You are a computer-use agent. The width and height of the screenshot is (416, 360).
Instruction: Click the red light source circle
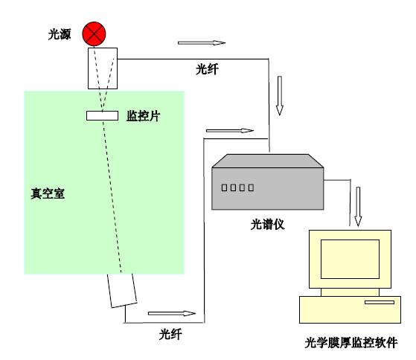pyautogui.click(x=94, y=34)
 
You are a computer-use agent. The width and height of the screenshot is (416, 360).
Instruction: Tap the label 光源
pyautogui.click(x=60, y=34)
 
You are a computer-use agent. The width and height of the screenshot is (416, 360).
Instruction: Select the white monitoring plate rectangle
pyautogui.click(x=102, y=116)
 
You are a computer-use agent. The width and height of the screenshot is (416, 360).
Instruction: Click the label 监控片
pyautogui.click(x=144, y=116)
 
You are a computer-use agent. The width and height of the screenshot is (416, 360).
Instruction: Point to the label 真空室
pyautogui.click(x=48, y=193)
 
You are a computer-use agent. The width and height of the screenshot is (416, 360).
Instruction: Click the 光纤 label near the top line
pyautogui.click(x=207, y=69)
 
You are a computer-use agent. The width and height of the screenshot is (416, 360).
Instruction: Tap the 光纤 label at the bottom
pyautogui.click(x=170, y=334)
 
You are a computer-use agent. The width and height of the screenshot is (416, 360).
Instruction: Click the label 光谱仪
pyautogui.click(x=267, y=225)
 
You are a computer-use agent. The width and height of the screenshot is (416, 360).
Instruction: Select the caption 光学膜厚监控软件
pyautogui.click(x=351, y=342)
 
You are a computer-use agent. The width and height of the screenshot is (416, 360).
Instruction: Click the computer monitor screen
pyautogui.click(x=350, y=260)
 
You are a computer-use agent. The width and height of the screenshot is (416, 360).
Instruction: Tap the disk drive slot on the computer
pyautogui.click(x=380, y=302)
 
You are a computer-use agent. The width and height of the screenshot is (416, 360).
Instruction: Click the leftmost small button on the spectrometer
pyautogui.click(x=224, y=187)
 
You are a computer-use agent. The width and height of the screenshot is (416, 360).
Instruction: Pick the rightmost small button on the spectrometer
pyautogui.click(x=251, y=187)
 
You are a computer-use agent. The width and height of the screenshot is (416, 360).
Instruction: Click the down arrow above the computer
pyautogui.click(x=358, y=207)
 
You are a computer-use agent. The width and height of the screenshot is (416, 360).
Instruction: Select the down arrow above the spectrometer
pyautogui.click(x=280, y=96)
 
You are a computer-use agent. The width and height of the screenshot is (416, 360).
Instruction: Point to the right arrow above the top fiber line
pyautogui.click(x=202, y=42)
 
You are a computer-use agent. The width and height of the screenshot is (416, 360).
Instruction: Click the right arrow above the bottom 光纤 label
pyautogui.click(x=172, y=313)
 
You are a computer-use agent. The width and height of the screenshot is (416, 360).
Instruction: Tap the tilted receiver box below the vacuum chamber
pyautogui.click(x=122, y=291)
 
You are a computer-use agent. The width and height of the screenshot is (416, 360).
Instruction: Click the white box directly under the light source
pyautogui.click(x=103, y=68)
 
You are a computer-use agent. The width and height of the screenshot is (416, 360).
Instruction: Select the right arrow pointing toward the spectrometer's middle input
pyautogui.click(x=230, y=130)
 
